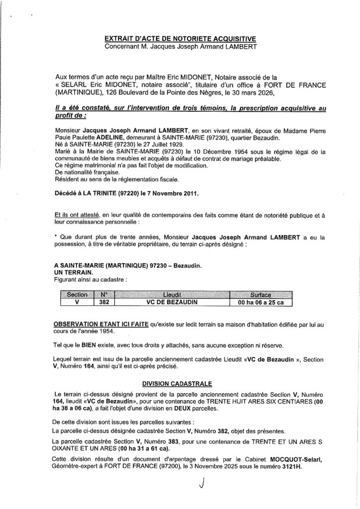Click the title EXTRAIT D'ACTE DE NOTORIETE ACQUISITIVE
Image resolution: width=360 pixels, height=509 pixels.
[x=180, y=38]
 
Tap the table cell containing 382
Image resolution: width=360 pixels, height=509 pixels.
[x=104, y=302]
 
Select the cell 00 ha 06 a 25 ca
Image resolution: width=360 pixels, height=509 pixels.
[x=261, y=302]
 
